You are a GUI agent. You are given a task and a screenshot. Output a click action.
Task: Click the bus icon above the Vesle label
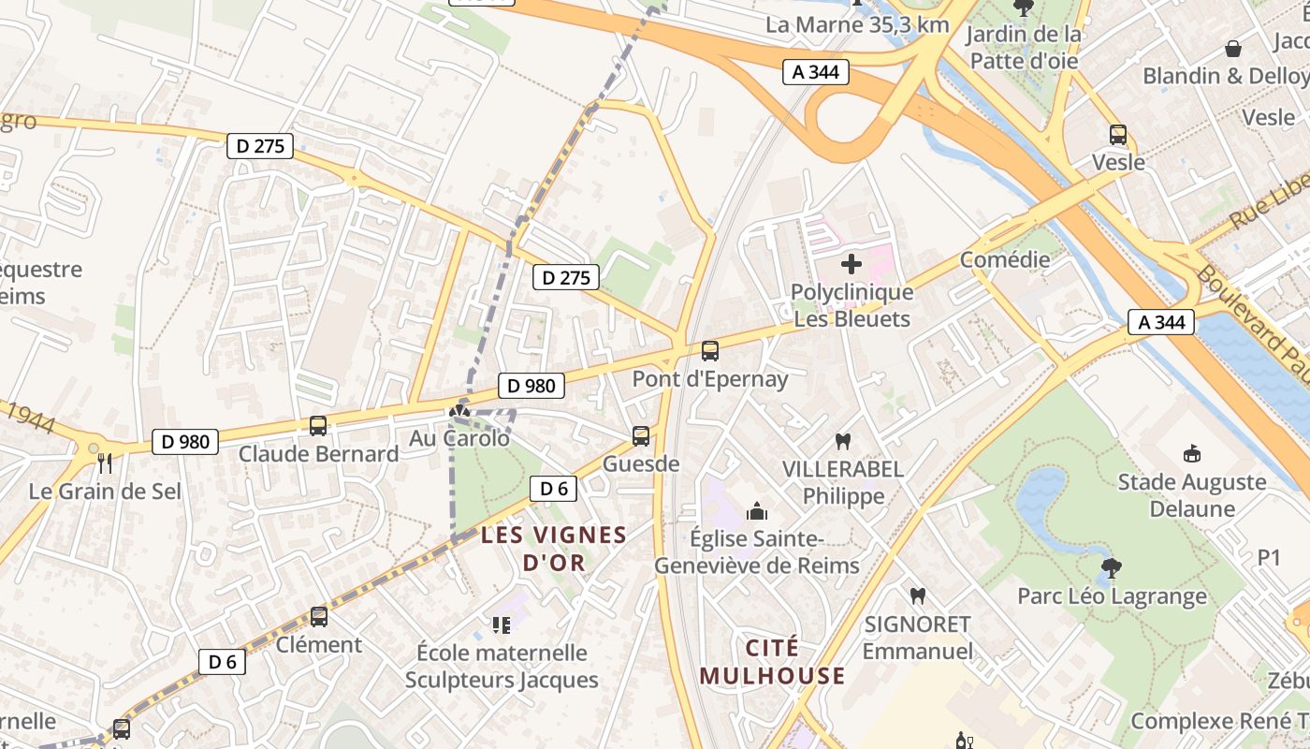[x=1118, y=134]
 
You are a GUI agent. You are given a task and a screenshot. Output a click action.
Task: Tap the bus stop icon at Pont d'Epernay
[x=710, y=351]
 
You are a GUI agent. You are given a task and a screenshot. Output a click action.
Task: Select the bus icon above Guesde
[x=641, y=435]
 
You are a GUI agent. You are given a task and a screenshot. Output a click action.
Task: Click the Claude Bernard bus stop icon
[x=318, y=426]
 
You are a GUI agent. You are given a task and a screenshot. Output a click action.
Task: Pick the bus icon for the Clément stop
[x=319, y=617]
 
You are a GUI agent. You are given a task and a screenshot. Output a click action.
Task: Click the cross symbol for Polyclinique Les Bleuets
[x=851, y=264]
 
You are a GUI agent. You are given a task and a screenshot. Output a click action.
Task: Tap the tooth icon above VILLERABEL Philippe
[x=843, y=441]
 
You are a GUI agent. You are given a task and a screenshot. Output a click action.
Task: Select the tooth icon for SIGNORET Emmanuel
[x=918, y=595]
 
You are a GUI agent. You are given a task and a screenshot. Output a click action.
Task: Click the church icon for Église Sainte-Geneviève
[x=756, y=511]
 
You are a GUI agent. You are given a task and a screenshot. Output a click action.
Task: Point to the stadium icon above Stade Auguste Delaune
[x=1192, y=454]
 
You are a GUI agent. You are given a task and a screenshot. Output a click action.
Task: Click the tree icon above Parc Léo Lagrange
[x=1112, y=567]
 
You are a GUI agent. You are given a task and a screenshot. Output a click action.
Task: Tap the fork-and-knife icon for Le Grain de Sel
[x=105, y=463]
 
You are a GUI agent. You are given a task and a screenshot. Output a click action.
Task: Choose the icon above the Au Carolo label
[x=458, y=410]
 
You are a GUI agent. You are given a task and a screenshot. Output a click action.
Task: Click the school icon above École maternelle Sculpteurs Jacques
[x=502, y=624]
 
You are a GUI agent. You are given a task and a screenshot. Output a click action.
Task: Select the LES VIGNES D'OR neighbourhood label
[x=553, y=549]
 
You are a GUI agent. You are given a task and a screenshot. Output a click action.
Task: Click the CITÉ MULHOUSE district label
[x=772, y=662]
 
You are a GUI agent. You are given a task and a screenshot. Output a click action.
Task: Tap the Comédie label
[x=1005, y=259]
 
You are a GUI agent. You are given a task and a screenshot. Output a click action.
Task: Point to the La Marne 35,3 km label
[x=857, y=25]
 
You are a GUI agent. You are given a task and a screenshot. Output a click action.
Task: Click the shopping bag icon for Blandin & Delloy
[x=1233, y=49]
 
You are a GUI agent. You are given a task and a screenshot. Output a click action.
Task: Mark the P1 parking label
[x=1268, y=558]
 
